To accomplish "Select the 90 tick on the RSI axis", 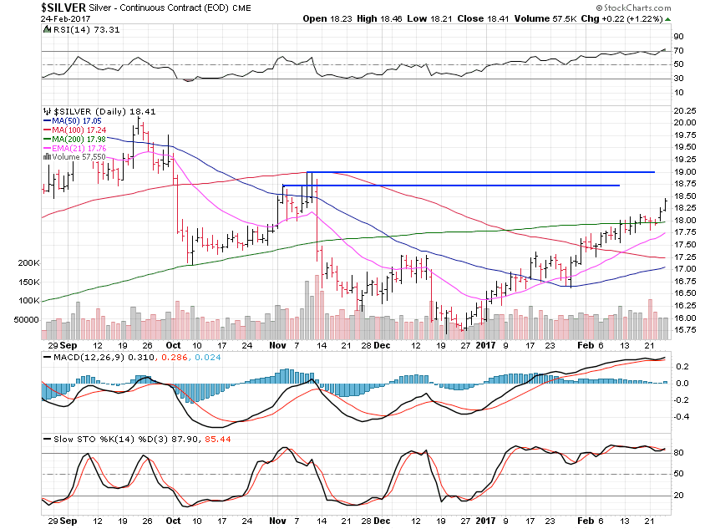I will [x=677, y=37].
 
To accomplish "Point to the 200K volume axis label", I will [x=24, y=262].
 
